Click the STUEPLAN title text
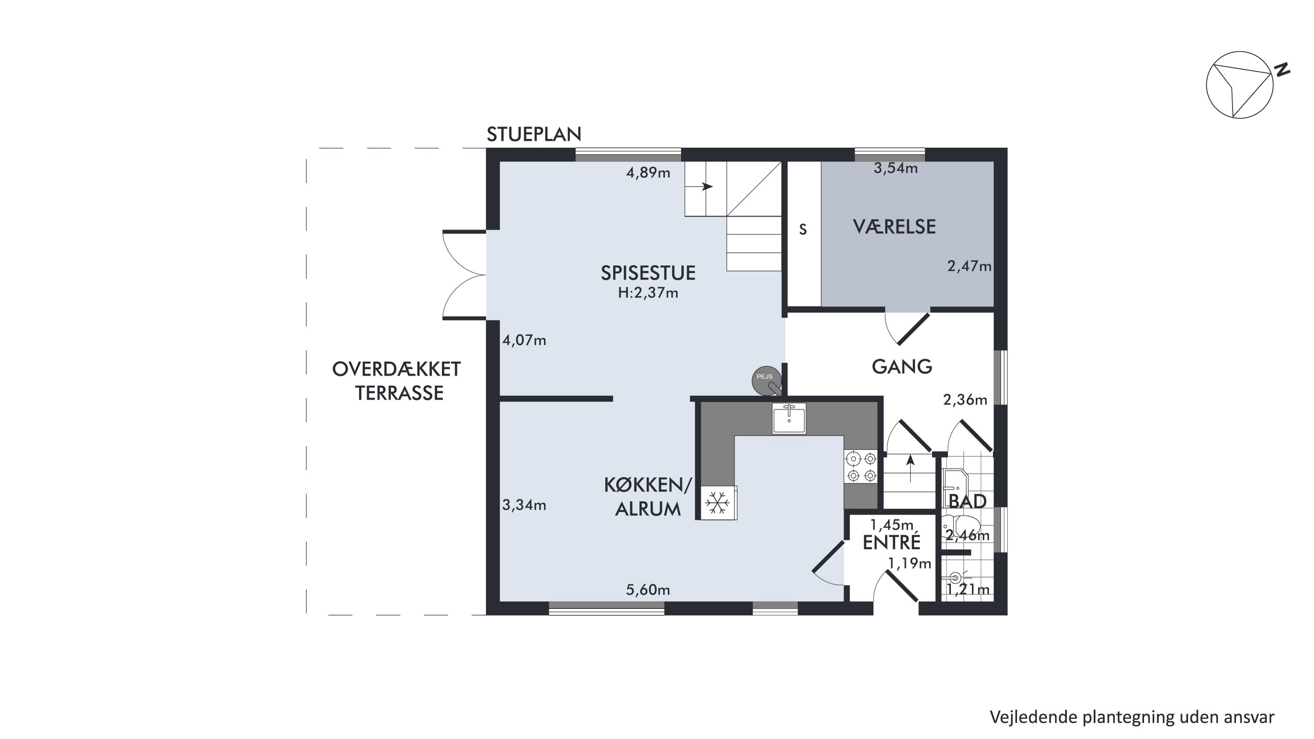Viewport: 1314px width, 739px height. pos(534,134)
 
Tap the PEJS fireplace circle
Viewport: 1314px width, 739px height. pos(766,381)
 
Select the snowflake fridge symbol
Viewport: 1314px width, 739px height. pos(718,503)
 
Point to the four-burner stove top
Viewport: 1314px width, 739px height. pos(861,467)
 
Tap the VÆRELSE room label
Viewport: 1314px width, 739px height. pos(894,227)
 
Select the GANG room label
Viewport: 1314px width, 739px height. pos(902,367)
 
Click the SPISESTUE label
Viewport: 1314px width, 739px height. pos(648,273)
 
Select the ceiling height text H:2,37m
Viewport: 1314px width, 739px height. pos(648,293)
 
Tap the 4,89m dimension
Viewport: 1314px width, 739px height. pos(648,173)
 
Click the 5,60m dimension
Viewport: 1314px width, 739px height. pos(648,590)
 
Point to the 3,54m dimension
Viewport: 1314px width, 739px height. pos(896,168)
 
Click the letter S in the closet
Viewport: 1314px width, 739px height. pos(803,230)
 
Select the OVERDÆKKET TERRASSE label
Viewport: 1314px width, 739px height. pos(397,381)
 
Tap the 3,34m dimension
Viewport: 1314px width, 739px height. pos(524,505)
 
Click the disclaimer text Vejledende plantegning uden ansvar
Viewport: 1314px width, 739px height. pos(1132,717)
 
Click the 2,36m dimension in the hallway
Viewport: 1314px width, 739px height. pos(965,400)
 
